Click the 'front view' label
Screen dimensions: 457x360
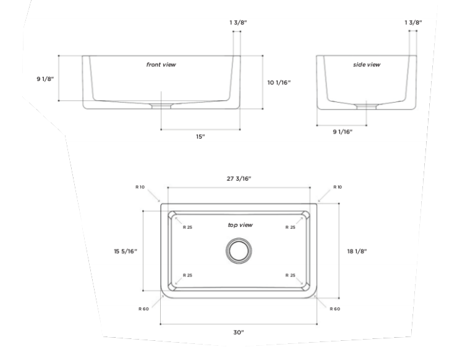coord(161,64)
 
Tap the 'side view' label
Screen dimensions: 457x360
coord(366,64)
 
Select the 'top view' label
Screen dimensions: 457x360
coord(240,225)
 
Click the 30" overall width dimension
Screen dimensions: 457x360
coord(239,332)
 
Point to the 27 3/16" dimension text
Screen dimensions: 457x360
coord(239,178)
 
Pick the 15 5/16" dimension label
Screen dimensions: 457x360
coord(126,251)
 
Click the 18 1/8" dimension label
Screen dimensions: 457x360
coord(357,251)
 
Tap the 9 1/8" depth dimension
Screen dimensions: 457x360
coord(45,79)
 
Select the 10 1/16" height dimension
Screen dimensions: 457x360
coord(279,82)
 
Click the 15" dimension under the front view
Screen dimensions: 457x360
coord(200,137)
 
